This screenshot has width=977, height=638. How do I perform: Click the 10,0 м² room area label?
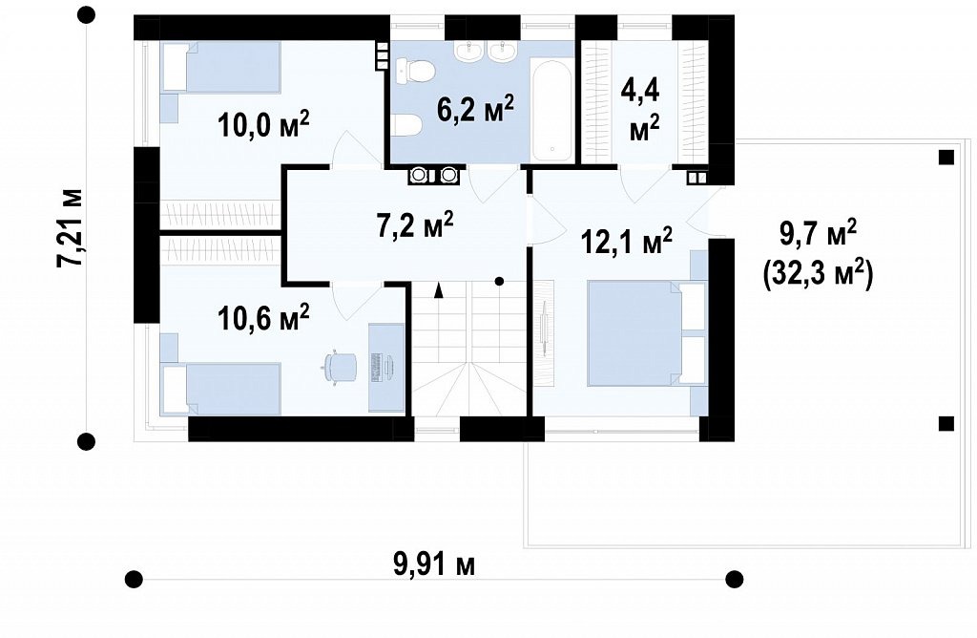(263, 125)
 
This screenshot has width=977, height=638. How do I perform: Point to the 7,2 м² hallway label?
(414, 224)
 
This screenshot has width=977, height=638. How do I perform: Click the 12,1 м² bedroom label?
(626, 241)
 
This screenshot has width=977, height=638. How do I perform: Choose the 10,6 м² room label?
(263, 317)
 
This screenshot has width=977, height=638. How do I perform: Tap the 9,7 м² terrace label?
(818, 234)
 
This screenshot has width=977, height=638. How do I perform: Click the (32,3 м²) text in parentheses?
(818, 274)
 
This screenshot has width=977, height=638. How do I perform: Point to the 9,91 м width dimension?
(434, 565)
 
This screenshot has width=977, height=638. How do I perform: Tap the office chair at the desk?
(340, 368)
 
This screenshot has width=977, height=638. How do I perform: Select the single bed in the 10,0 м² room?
(220, 67)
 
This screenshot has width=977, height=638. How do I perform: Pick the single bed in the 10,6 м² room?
(220, 390)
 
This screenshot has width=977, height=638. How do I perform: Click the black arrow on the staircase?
(438, 290)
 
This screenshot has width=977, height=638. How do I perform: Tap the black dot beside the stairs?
(499, 282)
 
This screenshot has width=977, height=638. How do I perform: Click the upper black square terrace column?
(946, 158)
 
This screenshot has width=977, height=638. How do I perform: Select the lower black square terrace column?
(946, 424)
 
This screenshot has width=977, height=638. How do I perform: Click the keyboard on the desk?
(376, 368)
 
